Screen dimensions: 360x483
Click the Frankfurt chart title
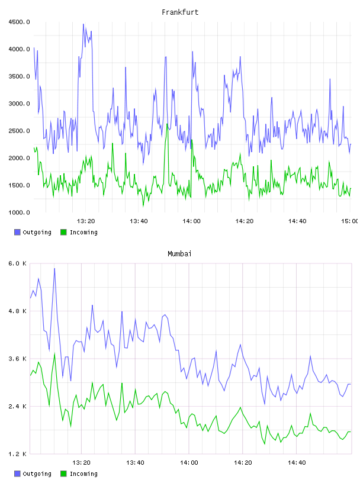click(180, 12)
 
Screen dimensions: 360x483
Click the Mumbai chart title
click(179, 253)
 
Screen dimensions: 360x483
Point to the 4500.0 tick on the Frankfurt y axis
click(19, 22)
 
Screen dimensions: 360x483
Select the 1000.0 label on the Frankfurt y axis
click(19, 212)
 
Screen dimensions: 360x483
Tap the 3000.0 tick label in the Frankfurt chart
click(19, 104)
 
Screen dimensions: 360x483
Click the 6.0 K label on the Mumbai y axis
click(18, 263)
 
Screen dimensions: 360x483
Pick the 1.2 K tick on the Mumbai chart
click(18, 454)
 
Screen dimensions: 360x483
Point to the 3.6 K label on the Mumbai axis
click(18, 359)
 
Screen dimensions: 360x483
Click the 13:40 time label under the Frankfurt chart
click(139, 221)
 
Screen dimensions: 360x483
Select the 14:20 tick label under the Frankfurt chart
click(245, 221)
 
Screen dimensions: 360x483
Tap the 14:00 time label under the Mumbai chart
click(189, 462)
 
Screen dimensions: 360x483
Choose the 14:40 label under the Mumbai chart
click(297, 462)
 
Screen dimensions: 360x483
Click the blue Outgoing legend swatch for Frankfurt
click(17, 232)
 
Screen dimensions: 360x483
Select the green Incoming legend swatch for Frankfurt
click(63, 232)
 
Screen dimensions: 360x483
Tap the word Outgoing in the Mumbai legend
click(37, 474)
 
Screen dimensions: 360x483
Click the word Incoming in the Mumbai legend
click(83, 474)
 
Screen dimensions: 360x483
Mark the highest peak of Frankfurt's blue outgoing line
click(83, 24)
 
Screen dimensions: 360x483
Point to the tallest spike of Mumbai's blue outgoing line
click(54, 268)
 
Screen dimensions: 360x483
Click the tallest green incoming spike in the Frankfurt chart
click(167, 124)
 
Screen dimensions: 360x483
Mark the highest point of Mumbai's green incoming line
click(54, 353)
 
